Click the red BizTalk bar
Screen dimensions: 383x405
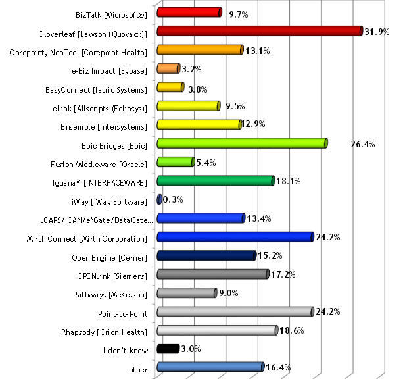(189, 12)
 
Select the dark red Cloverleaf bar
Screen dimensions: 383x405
(259, 31)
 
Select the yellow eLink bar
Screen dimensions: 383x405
(188, 107)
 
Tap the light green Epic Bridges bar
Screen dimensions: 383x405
(241, 144)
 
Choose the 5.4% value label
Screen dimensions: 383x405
(206, 163)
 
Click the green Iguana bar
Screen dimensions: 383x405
(215, 181)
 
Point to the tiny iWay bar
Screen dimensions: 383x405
(159, 199)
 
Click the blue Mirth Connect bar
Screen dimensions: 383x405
(235, 237)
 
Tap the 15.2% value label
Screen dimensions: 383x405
(270, 255)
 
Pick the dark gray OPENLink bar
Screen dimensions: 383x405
(212, 274)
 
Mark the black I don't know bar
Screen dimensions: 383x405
(168, 349)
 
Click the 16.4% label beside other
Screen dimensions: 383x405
(276, 368)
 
